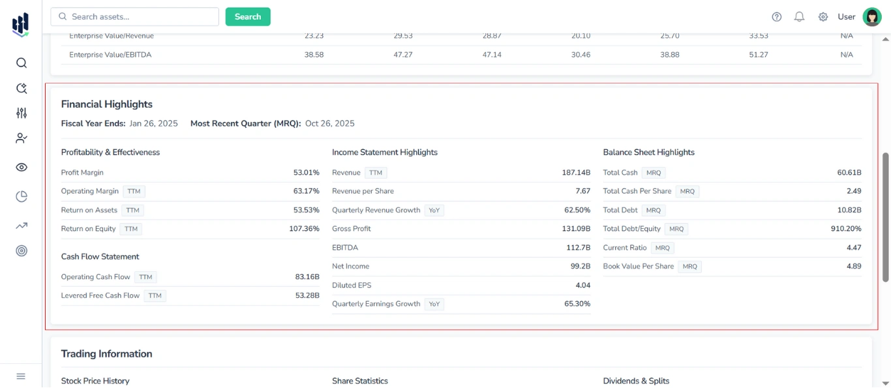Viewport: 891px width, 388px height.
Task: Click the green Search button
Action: (x=248, y=17)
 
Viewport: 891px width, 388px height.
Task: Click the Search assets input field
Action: (x=135, y=17)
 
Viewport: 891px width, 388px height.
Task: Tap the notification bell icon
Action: (x=799, y=17)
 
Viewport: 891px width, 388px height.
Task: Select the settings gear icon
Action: (x=823, y=17)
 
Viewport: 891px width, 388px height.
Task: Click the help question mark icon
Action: (x=776, y=17)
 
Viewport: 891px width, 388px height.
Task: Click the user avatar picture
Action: (x=872, y=17)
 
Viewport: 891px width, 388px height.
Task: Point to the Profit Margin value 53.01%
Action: (x=306, y=173)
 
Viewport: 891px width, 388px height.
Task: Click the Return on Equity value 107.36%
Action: (x=304, y=229)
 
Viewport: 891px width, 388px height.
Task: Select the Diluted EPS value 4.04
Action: (x=582, y=286)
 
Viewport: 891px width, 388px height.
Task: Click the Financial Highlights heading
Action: (x=107, y=104)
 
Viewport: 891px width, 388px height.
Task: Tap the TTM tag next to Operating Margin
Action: (x=134, y=192)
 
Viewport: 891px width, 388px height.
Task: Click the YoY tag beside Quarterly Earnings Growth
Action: (x=434, y=304)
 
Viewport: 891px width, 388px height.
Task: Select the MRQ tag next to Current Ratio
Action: (x=662, y=248)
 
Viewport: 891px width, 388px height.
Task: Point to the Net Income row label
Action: (x=350, y=267)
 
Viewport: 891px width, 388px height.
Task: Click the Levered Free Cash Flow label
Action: (x=100, y=296)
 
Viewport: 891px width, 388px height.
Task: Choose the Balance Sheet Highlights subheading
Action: (x=648, y=153)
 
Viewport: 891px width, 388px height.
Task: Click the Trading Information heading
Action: (x=107, y=354)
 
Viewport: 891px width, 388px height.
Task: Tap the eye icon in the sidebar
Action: (x=22, y=168)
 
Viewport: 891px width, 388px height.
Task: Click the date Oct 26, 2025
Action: (x=329, y=124)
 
